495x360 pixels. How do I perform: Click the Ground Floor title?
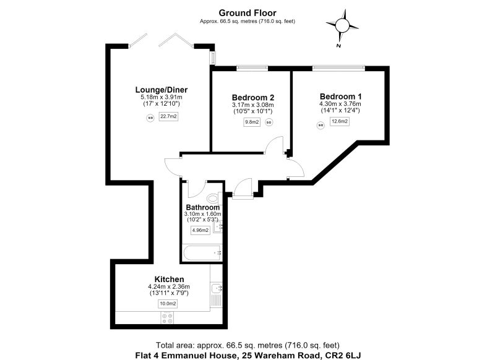click(x=247, y=13)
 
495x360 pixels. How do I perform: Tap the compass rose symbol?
click(x=342, y=25)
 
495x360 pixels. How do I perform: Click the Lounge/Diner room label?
click(x=161, y=90)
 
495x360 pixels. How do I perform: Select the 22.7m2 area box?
click(x=168, y=116)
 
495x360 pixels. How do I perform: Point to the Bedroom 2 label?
click(x=253, y=98)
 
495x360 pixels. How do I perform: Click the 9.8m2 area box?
click(x=252, y=122)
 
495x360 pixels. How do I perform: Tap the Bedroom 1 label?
click(x=341, y=96)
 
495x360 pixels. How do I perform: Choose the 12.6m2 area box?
click(x=340, y=121)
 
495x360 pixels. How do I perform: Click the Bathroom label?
click(x=203, y=208)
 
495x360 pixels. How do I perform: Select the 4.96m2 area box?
click(x=200, y=230)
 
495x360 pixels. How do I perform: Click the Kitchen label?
click(x=169, y=279)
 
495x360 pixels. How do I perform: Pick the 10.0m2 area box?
click(x=168, y=304)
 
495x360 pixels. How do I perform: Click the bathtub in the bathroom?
click(x=202, y=253)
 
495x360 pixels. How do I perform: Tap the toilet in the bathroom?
click(x=213, y=198)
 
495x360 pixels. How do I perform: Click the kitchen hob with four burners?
click(x=167, y=318)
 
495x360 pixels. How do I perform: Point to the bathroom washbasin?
click(x=218, y=226)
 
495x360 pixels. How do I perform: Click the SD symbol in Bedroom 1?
click(x=321, y=126)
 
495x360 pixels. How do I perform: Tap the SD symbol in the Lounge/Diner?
click(x=150, y=118)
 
